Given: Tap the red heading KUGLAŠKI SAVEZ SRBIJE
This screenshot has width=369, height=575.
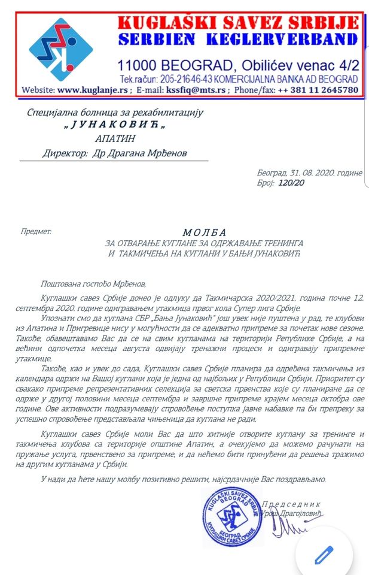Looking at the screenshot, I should [238, 23].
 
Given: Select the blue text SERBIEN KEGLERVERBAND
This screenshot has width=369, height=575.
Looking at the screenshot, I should [238, 40].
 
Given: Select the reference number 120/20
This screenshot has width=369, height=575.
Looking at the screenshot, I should [291, 183].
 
